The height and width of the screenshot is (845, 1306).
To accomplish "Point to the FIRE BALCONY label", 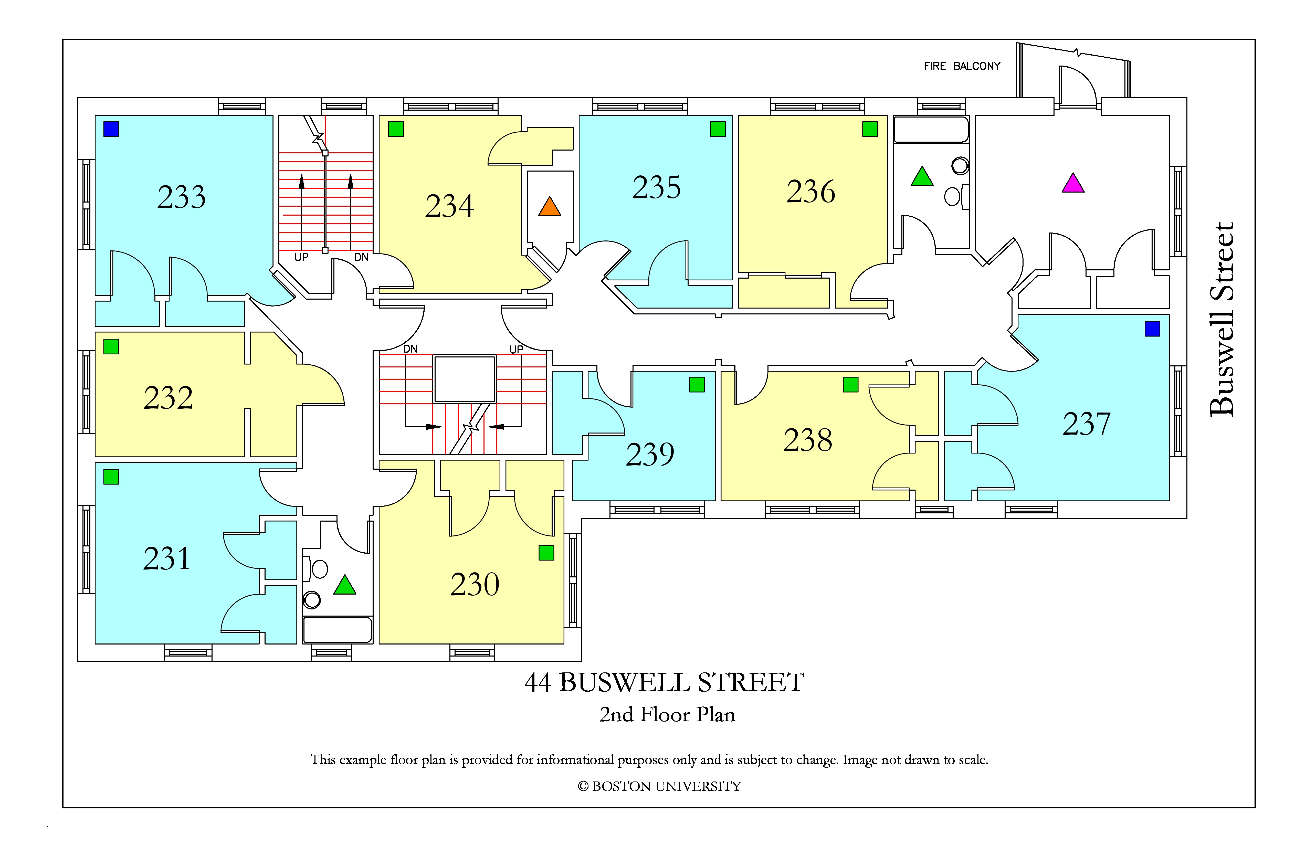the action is point(962,66).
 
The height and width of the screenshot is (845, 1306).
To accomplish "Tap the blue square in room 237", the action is point(1152,329).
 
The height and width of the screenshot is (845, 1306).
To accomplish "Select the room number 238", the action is point(808,440).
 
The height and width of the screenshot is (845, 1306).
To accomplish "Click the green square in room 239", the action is point(697,385).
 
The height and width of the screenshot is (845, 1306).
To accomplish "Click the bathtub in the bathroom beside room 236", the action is point(931,130).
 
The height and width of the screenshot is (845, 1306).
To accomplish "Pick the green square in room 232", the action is point(111,347).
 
